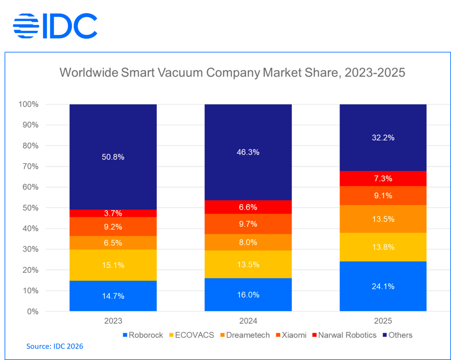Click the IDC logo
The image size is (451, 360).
55,26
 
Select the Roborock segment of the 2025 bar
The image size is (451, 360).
383,286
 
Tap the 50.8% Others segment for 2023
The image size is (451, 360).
113,157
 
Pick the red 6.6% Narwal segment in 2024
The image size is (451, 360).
248,207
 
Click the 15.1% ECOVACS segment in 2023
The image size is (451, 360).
113,265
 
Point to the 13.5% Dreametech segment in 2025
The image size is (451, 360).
383,219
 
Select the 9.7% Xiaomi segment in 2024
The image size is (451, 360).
248,224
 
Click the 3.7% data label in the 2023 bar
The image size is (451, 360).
113,213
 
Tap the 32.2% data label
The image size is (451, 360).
383,138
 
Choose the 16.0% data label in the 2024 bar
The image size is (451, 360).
248,295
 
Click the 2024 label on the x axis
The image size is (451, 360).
248,321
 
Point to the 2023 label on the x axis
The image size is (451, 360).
113,321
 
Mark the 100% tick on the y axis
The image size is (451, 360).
29,104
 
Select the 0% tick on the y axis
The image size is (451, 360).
32,312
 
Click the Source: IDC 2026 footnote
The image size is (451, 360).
55,347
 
